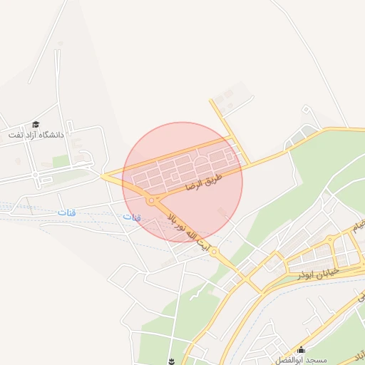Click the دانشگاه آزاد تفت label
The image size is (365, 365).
click(x=36, y=134)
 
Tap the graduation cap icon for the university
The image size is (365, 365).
click(x=36, y=124)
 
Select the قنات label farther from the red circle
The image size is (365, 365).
click(x=66, y=213)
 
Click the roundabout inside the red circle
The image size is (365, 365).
click(x=151, y=201)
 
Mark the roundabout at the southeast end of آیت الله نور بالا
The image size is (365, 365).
click(x=215, y=252)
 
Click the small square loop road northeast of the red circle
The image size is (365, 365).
click(x=307, y=110)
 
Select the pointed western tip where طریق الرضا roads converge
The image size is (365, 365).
click(x=103, y=175)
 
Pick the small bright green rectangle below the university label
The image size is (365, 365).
click(x=61, y=162)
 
